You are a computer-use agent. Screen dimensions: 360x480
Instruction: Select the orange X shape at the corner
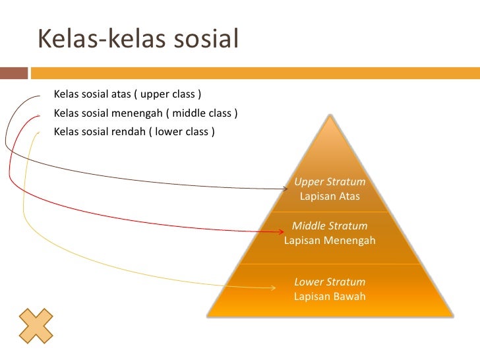coord(36,326)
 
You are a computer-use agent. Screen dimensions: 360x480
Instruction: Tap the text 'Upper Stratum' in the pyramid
coord(330,182)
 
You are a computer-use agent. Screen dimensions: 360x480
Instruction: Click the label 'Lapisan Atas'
coord(330,196)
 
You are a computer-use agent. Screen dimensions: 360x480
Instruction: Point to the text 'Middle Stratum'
coord(330,226)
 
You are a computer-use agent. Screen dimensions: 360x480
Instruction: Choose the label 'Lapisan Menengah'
coord(330,241)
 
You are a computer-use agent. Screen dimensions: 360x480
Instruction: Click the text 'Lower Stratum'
coord(330,282)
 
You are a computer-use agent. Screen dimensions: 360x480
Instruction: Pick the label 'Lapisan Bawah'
coord(330,297)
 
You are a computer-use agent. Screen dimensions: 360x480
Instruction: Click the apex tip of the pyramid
coord(330,117)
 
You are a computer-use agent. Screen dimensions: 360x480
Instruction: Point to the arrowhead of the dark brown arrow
coord(285,188)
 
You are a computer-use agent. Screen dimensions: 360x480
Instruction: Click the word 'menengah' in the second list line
coord(138,113)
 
